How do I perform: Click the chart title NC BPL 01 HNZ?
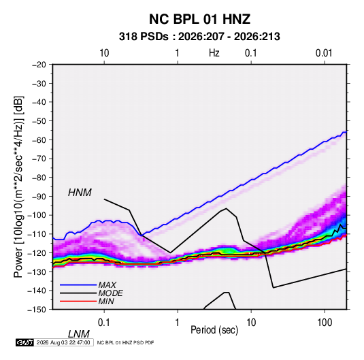coord(199,19)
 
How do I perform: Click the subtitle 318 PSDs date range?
coord(199,37)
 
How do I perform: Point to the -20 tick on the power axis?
coord(39,65)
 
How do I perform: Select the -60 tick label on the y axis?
coord(39,140)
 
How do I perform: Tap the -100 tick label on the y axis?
coord(37,215)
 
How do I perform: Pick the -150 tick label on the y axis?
coord(37,310)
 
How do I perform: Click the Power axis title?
coord(18,187)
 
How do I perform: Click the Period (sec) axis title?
coord(214,330)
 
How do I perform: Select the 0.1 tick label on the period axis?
coord(104,322)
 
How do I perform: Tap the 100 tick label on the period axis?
coord(325,322)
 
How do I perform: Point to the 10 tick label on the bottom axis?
coord(251,322)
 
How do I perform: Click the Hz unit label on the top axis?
coord(214,53)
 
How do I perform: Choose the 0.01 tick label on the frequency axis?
coord(324,53)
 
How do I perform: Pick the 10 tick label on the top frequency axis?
coord(104,53)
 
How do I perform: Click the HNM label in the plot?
coord(80,193)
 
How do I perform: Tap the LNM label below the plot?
coord(79,334)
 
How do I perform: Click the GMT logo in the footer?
coord(24,342)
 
